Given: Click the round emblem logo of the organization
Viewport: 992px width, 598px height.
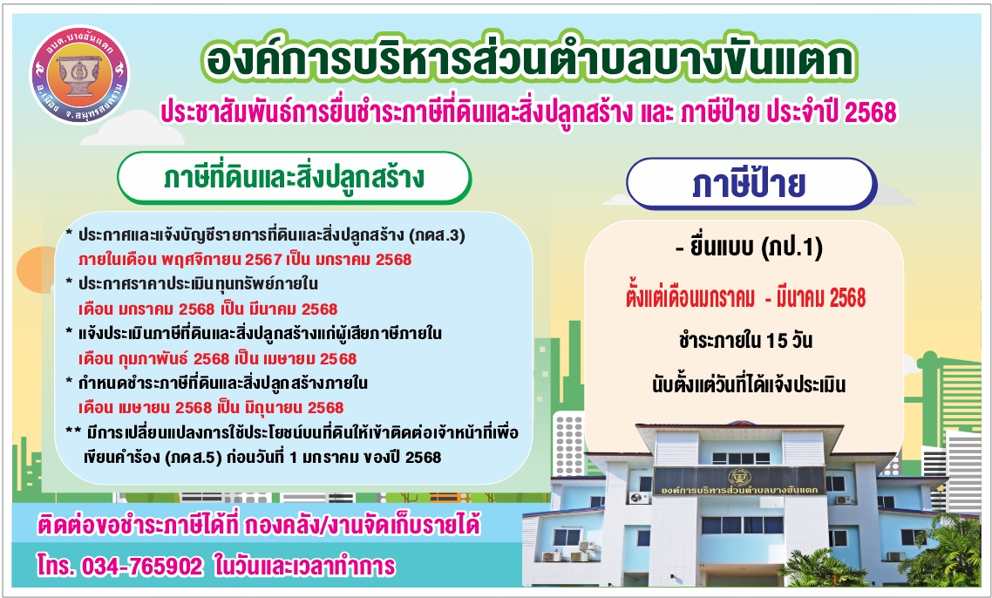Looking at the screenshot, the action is (79, 74).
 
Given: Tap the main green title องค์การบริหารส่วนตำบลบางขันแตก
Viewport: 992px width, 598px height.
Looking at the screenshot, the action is (528, 60).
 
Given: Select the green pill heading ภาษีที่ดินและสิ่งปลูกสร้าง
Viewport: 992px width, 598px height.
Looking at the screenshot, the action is (294, 178).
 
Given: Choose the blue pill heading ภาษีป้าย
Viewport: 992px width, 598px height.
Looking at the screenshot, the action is (751, 184).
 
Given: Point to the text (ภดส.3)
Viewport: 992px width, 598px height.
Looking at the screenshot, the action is (438, 235).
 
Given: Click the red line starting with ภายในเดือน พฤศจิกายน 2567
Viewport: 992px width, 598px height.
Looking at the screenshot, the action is (245, 260).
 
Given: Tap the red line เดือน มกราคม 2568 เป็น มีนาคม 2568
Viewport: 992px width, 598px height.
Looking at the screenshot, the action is (208, 309).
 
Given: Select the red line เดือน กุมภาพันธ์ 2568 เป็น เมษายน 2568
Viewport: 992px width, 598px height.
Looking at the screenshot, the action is (218, 358).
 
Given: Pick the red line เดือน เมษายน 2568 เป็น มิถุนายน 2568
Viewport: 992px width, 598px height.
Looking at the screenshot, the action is (211, 407).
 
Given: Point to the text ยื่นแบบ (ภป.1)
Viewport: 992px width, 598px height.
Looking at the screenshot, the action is (750, 247).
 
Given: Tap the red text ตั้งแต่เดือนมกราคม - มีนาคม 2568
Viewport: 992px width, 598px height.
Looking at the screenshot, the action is (746, 297).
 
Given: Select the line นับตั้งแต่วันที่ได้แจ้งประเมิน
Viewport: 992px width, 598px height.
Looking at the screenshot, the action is (749, 384).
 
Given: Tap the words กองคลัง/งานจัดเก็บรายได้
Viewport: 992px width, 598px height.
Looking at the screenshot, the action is (363, 526).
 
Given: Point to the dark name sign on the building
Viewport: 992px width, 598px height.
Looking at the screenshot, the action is (739, 480).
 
